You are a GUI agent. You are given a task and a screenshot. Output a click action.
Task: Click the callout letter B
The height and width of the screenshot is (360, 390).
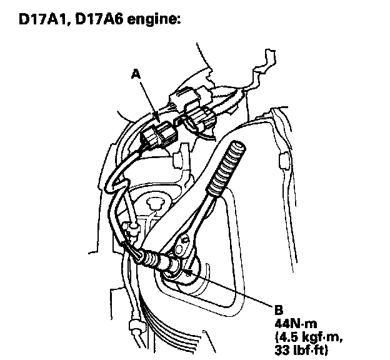[x=278, y=309]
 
